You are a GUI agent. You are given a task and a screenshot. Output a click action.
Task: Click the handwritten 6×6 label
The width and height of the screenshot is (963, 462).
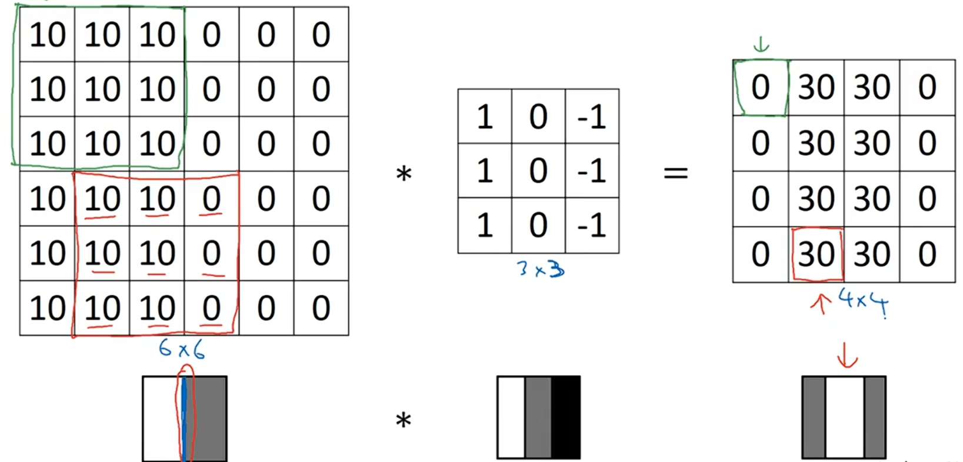[181, 349]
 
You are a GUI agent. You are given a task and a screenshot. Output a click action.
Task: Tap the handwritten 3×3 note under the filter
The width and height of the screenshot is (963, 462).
[540, 269]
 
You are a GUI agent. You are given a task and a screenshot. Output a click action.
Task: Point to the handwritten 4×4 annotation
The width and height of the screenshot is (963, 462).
[863, 302]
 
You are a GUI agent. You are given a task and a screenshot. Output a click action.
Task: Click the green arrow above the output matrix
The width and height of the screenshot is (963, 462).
[761, 45]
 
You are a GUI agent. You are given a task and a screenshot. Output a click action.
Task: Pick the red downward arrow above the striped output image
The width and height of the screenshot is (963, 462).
[847, 355]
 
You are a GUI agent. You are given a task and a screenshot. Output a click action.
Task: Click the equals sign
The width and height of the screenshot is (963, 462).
[676, 173]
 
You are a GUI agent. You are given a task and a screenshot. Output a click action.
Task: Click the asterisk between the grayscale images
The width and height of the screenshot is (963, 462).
[403, 421]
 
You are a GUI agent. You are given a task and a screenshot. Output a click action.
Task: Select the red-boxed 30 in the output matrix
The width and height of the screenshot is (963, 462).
[817, 255]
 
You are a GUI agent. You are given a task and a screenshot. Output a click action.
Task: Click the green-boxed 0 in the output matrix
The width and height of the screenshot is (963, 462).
[760, 88]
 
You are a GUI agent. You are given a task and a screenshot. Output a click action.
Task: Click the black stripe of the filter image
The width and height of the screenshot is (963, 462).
[565, 418]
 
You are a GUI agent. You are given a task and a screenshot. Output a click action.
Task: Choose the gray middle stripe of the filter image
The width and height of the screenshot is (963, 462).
[538, 418]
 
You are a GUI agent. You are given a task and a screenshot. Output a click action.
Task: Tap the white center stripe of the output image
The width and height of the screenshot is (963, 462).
[845, 418]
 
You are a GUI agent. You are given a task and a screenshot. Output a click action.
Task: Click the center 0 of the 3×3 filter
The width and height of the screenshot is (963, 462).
[538, 171]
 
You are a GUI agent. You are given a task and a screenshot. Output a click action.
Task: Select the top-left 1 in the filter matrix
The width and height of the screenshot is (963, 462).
[484, 116]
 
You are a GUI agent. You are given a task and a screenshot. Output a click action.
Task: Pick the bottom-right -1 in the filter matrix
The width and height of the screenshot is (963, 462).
[592, 225]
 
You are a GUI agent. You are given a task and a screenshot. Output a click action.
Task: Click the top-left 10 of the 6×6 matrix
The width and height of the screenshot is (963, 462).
[47, 35]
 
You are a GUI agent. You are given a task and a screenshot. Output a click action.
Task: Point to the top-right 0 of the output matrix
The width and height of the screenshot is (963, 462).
[927, 88]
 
